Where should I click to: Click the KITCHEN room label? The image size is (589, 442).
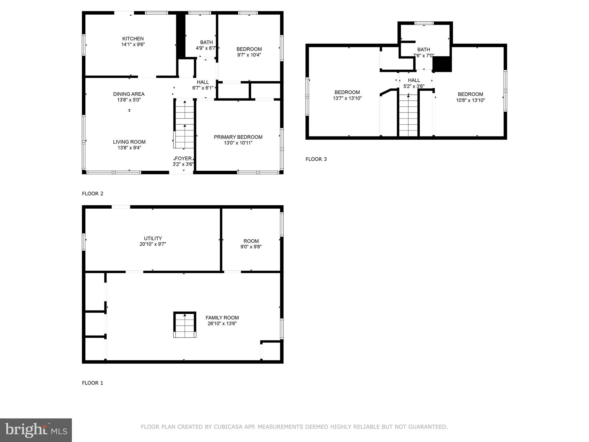133,39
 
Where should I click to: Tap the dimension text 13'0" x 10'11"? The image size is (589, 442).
238,143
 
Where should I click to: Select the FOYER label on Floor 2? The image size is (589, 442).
183,159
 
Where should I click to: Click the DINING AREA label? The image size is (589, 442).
129,94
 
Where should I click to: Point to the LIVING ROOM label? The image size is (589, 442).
129,142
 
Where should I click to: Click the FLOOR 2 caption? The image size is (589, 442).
93,194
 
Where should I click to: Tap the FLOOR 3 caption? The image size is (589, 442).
316,159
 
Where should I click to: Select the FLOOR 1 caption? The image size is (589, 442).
93,383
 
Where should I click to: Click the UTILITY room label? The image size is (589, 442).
153,238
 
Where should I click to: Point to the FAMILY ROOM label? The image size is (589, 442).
222,318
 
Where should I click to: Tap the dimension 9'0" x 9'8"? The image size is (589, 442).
251,247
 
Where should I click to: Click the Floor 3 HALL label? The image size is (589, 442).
414,80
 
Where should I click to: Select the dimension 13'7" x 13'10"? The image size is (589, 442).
347,98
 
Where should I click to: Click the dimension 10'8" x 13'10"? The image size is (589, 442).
470,100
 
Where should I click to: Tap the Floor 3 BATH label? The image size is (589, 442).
423,49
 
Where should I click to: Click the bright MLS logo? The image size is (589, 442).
36,430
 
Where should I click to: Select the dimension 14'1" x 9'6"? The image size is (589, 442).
133,44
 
